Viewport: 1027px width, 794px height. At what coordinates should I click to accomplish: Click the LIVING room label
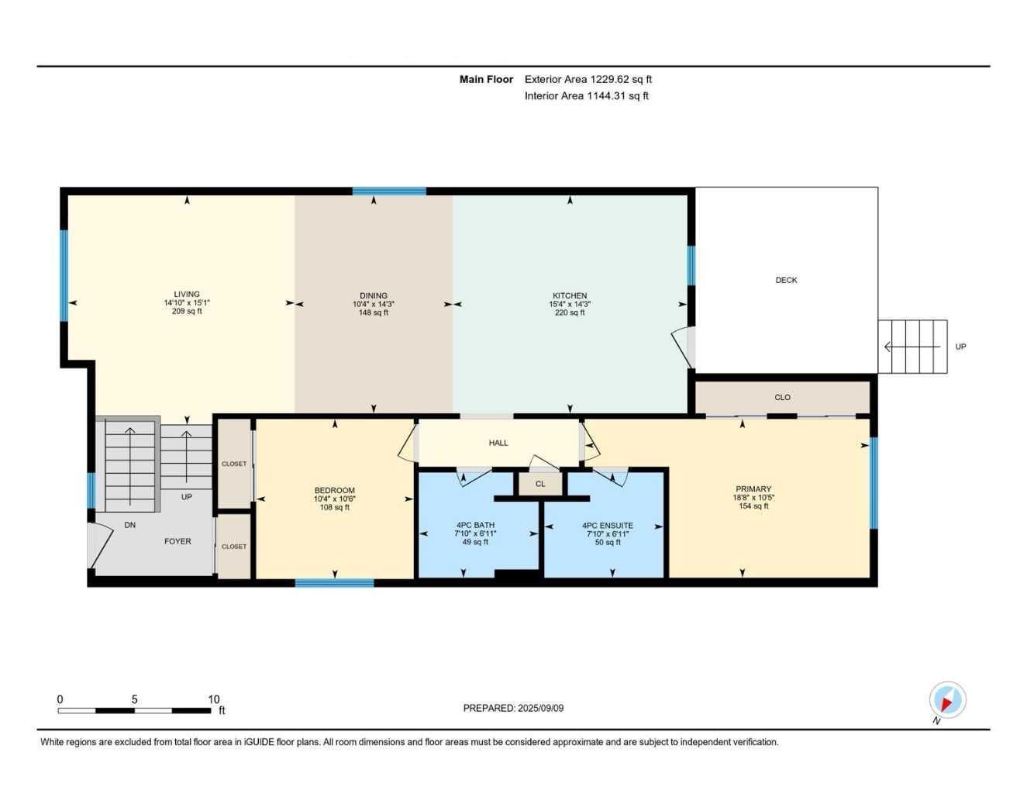point(187,295)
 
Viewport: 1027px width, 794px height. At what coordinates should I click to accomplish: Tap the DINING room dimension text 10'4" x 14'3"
point(374,304)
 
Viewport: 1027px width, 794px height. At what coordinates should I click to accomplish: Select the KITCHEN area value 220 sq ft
point(570,312)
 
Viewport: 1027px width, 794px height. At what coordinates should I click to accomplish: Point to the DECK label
point(786,280)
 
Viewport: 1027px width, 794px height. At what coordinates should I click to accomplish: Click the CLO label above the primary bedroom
point(782,397)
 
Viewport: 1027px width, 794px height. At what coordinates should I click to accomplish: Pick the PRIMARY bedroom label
point(753,489)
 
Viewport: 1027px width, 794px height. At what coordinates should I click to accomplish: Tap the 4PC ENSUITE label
point(608,526)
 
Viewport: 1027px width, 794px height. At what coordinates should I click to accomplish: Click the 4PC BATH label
point(475,526)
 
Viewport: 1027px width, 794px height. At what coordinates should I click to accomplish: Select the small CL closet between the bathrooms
point(540,484)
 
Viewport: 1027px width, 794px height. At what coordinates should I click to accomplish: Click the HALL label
point(498,443)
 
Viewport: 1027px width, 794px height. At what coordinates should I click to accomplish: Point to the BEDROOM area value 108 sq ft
point(335,507)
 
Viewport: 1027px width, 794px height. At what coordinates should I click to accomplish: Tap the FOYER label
point(177,541)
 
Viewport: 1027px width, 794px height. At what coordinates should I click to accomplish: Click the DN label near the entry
point(130,525)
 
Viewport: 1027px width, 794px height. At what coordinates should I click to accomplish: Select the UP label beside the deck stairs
point(960,347)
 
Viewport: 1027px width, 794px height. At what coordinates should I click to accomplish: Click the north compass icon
point(946,701)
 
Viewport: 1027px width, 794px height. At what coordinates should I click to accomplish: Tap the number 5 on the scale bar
point(134,699)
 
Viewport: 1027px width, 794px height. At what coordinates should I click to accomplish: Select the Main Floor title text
point(486,79)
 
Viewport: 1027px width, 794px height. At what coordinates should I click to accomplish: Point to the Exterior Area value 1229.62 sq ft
point(621,79)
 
